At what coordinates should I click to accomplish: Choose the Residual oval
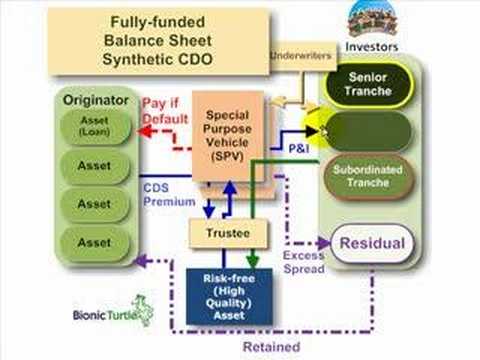click(372, 243)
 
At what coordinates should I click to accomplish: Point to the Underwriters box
click(303, 57)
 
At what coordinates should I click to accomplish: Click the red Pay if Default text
click(166, 111)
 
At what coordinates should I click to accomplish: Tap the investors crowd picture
click(371, 19)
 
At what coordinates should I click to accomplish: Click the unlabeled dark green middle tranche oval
click(366, 131)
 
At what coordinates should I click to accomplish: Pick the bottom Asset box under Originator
click(94, 242)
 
